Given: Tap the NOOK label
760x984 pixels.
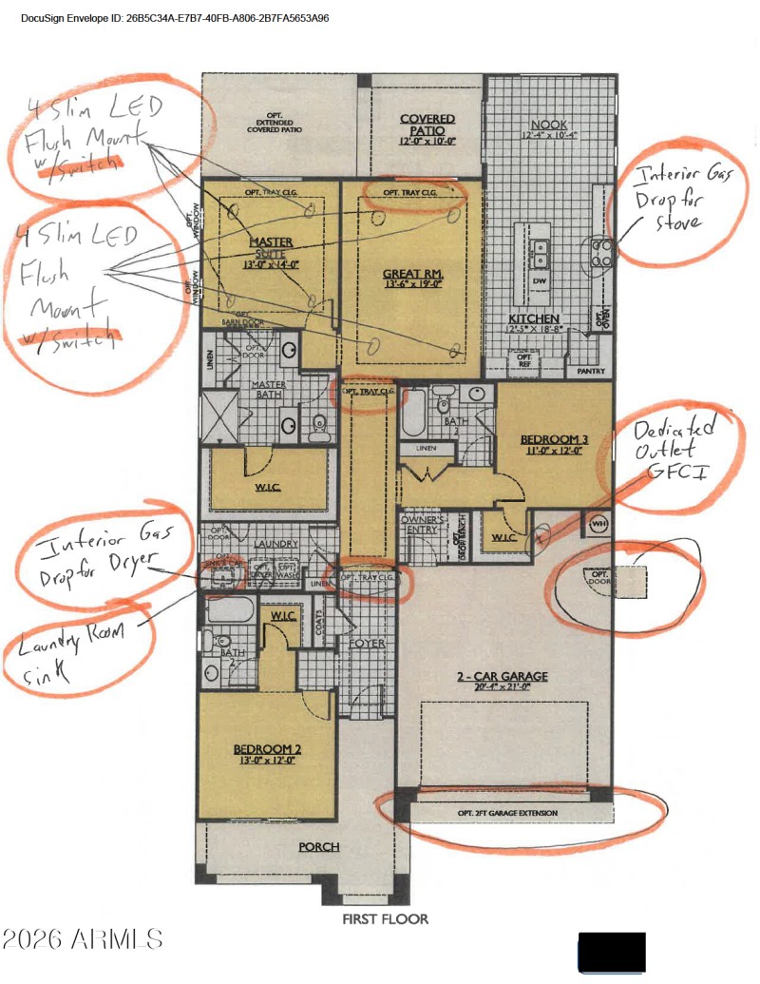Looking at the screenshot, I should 549,125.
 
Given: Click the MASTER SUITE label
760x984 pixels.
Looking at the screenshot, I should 271,249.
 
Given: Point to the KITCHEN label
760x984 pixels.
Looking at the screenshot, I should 534,318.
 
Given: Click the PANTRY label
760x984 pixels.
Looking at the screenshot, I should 591,372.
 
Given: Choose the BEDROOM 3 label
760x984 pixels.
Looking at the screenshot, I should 554,439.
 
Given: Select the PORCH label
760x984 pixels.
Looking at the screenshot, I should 319,847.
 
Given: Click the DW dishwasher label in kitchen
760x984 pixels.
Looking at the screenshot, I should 539,281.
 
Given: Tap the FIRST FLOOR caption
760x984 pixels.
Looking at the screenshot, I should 385,919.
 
